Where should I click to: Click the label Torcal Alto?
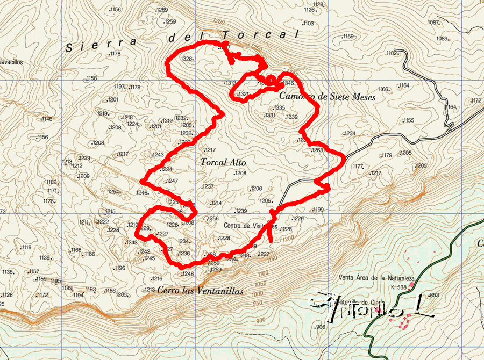223,161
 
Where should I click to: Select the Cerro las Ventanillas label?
201,291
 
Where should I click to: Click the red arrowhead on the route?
272,215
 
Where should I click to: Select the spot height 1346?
288,83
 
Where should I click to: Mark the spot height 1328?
187,59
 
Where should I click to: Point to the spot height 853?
434,295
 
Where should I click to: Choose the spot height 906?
321,327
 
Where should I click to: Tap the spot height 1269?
162,10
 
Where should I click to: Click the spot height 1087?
433,22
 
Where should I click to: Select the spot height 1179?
387,155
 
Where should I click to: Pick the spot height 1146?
47,119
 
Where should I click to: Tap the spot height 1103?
308,24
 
